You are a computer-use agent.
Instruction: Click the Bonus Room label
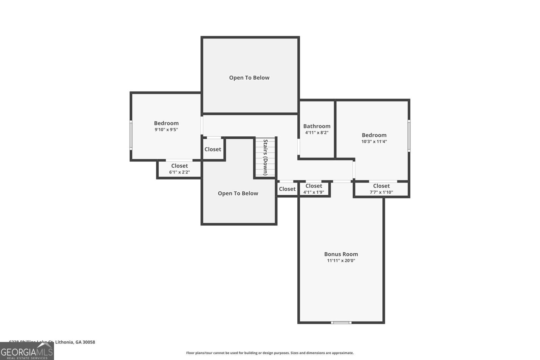[341, 254]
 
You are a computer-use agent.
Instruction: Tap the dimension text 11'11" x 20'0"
[341, 260]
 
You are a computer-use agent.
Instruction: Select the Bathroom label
[317, 126]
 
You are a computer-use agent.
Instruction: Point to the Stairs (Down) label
[265, 157]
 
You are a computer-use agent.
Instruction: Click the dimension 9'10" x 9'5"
[166, 130]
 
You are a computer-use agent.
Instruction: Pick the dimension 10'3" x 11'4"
[374, 142]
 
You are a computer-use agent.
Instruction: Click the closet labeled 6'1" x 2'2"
[179, 169]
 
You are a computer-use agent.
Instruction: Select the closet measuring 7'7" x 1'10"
[381, 189]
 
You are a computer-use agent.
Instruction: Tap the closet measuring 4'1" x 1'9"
[314, 189]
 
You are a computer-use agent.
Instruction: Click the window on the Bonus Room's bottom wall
[341, 323]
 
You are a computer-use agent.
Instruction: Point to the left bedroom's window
[131, 135]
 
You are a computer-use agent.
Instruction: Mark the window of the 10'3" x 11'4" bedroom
[409, 135]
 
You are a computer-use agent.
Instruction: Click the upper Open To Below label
[249, 78]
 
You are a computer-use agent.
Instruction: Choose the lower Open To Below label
[238, 193]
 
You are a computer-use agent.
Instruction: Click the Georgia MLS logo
[27, 351]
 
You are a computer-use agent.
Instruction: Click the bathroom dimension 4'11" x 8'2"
[317, 133]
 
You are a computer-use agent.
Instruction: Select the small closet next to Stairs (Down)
[287, 189]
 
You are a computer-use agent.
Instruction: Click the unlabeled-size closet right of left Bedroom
[213, 149]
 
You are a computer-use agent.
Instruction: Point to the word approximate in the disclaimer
[342, 353]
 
